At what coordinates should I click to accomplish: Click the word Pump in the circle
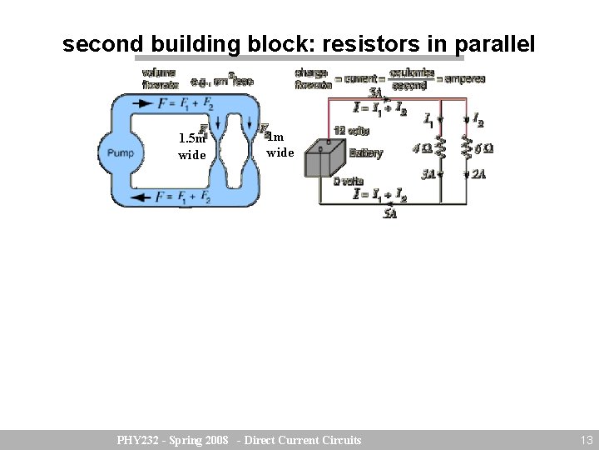point(121,153)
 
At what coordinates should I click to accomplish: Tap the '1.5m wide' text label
point(191,147)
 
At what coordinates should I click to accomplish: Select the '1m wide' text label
point(280,145)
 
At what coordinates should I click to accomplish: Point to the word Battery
point(366,153)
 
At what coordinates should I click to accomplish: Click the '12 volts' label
point(351,131)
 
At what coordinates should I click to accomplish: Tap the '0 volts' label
point(348,181)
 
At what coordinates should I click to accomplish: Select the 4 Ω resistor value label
point(423,149)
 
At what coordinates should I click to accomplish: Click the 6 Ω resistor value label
point(483,148)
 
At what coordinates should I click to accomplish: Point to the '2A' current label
point(479,174)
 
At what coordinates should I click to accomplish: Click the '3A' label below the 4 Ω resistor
point(428,175)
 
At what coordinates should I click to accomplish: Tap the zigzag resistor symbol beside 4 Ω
point(440,148)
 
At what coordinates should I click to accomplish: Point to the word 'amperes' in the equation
point(464,79)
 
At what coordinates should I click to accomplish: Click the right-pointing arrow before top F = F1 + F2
point(143,103)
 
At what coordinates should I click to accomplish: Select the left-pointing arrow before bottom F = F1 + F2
point(143,197)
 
